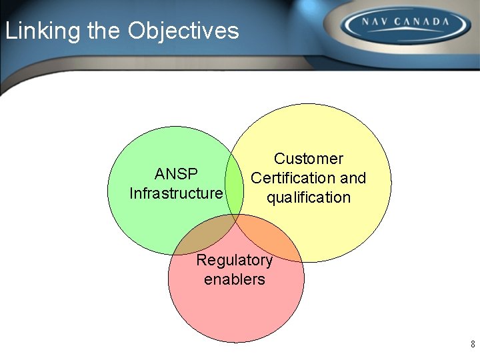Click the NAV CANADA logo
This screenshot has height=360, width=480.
(405, 26)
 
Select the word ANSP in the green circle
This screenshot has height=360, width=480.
(176, 174)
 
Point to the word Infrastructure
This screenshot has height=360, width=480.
(176, 193)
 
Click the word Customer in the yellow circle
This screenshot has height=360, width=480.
(308, 159)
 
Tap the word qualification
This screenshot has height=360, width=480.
(308, 197)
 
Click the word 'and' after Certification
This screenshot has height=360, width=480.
(353, 178)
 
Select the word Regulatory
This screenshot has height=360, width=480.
(234, 260)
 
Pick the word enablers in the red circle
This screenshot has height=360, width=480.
(234, 279)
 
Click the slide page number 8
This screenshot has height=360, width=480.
(473, 345)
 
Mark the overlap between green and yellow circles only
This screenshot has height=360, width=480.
(233, 180)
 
